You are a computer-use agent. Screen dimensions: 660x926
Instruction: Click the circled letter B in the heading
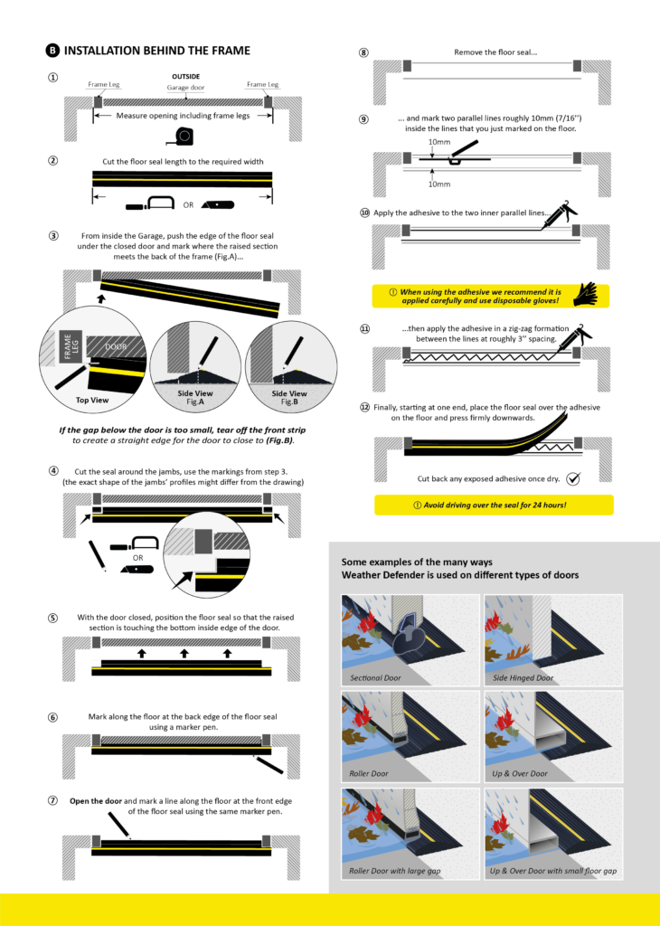coord(52,51)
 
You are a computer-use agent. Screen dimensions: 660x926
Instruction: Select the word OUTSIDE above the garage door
coord(186,77)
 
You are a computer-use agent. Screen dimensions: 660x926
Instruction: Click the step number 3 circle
coord(53,236)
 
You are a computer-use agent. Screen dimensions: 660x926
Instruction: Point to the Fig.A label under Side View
coord(195,402)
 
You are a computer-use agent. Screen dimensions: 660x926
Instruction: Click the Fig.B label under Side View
coord(289,402)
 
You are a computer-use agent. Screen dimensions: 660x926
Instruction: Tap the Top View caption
coord(92,401)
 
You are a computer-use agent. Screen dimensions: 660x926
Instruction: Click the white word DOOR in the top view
coord(116,346)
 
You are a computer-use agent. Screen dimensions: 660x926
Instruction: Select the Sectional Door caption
coord(375,678)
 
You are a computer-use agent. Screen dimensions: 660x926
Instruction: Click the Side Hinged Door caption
coord(523,678)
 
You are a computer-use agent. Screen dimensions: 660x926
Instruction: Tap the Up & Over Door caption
coord(520,774)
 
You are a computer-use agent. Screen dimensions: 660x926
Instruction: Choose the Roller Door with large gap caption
coord(395,871)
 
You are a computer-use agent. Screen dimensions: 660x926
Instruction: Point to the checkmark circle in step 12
coord(572,478)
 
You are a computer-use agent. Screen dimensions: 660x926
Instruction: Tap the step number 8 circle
coord(363,52)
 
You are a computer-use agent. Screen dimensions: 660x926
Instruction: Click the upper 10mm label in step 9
coord(439,142)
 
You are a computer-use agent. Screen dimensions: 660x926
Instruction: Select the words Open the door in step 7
coord(96,801)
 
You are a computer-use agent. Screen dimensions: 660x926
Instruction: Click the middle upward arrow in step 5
coord(184,653)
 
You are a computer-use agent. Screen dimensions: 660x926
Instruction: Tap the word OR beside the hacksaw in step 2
coord(188,205)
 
